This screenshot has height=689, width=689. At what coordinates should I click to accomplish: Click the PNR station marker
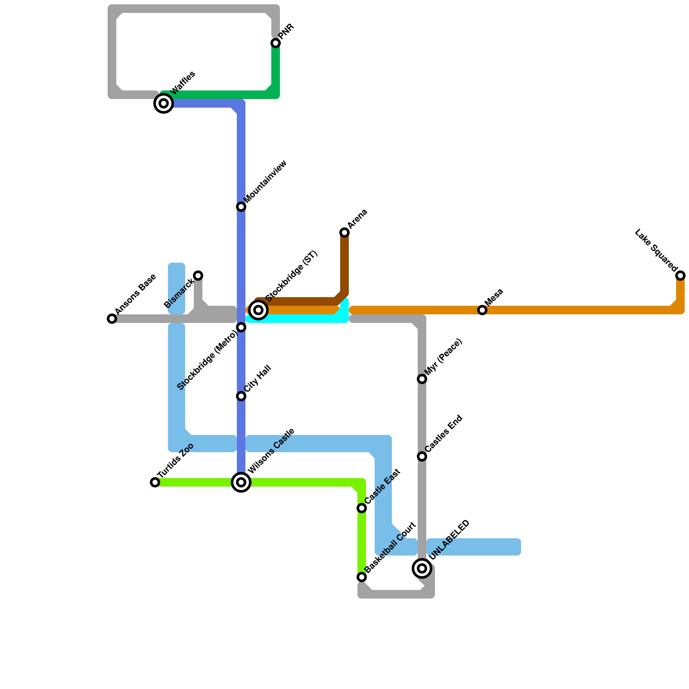276,43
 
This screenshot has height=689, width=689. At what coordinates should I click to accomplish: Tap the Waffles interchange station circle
164,103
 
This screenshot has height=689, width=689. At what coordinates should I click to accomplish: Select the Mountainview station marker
241,207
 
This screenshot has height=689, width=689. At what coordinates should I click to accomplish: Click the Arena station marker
344,233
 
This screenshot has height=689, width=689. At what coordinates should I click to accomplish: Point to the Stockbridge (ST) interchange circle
258,310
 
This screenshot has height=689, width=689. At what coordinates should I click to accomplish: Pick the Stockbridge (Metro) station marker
241,327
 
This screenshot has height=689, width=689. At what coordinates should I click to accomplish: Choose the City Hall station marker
241,396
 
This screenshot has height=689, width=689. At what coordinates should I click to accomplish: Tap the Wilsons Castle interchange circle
241,482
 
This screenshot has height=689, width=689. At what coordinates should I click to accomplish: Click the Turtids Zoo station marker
155,482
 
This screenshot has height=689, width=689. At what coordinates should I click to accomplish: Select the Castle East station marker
362,508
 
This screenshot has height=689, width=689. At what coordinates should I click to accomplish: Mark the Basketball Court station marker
362,577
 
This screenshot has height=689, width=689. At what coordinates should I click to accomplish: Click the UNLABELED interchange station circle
422,568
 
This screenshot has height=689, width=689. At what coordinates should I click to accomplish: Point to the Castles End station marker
422,456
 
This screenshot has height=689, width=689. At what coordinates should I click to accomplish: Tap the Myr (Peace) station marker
422,379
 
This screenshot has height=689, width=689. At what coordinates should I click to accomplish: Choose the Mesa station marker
482,310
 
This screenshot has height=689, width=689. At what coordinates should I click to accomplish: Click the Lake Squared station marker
680,276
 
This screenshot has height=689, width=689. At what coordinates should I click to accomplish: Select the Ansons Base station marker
112,319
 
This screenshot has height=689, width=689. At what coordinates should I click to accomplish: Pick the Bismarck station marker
198,276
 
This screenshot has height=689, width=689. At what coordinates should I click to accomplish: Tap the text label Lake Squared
655,250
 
